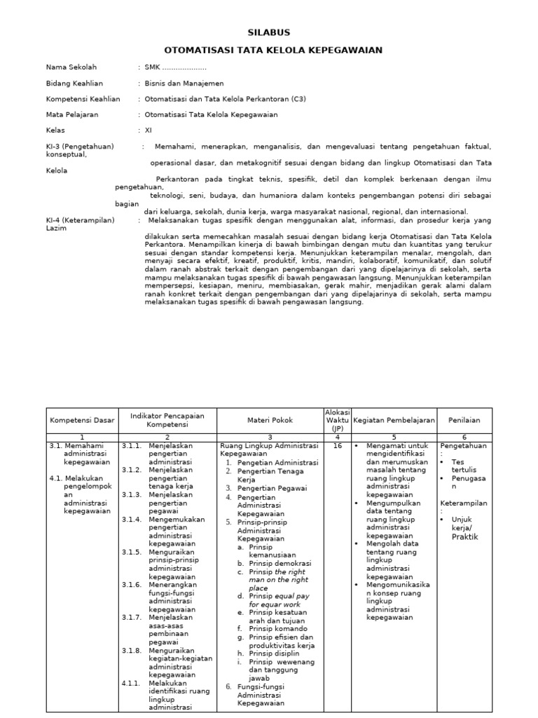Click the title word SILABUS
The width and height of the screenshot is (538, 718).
click(x=268, y=32)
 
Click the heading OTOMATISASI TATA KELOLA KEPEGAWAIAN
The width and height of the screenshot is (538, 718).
click(x=268, y=50)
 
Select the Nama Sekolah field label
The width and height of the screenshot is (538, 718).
click(x=71, y=67)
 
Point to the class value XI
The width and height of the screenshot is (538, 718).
click(x=148, y=130)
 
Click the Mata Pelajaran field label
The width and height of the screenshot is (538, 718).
click(x=72, y=114)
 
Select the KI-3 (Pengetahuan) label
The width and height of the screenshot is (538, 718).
click(x=79, y=147)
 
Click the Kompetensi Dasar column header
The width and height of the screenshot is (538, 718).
click(x=81, y=420)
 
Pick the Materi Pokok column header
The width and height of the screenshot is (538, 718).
click(x=269, y=420)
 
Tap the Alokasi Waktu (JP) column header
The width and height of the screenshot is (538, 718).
click(x=337, y=420)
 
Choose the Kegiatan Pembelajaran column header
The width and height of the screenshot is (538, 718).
click(x=394, y=420)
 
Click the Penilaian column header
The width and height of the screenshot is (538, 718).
click(x=465, y=420)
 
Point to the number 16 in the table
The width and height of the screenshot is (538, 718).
click(x=337, y=445)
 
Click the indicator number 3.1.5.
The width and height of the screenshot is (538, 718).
click(x=132, y=552)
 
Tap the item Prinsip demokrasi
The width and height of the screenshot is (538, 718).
click(x=280, y=563)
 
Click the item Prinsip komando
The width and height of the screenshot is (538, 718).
click(x=276, y=630)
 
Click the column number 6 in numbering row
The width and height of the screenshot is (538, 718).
click(x=465, y=436)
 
